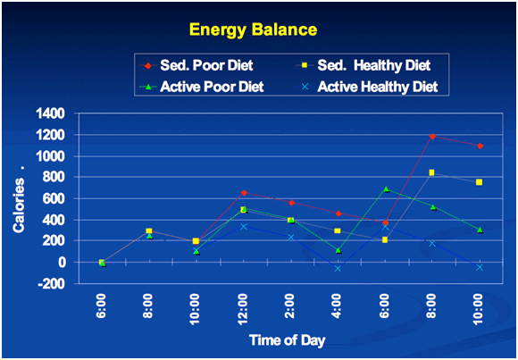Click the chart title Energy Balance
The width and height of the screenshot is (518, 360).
pyautogui.click(x=254, y=29)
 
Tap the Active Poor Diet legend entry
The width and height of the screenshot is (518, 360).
pyautogui.click(x=202, y=87)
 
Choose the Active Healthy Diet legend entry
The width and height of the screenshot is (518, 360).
pyautogui.click(x=371, y=87)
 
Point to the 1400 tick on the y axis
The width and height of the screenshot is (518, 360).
pyautogui.click(x=51, y=114)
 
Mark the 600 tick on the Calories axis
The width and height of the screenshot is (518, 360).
pyautogui.click(x=58, y=199)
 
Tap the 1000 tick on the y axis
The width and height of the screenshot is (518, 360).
pyautogui.click(x=51, y=156)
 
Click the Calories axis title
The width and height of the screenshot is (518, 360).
pyautogui.click(x=19, y=204)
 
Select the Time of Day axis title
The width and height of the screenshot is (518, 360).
pyautogui.click(x=287, y=339)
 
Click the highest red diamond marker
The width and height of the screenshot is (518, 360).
pyautogui.click(x=432, y=136)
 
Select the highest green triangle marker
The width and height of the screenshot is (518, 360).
pyautogui.click(x=386, y=189)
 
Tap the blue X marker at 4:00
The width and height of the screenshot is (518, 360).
pyautogui.click(x=338, y=269)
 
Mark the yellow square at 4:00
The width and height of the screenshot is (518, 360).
pyautogui.click(x=338, y=230)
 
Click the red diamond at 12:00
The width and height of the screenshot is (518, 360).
pyautogui.click(x=244, y=193)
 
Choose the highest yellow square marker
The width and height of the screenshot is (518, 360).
pyautogui.click(x=431, y=172)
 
